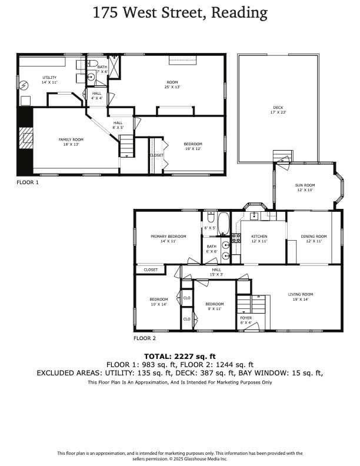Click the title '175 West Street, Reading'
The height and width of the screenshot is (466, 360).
pos(180,12)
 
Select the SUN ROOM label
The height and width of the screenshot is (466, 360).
pos(305,185)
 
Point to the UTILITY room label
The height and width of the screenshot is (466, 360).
pos(49,78)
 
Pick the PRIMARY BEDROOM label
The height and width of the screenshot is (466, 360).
pos(168,237)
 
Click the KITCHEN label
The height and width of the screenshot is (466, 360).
pos(259,237)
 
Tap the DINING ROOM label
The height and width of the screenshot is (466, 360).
pos(314,237)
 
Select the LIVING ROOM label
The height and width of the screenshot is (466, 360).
pos(300,294)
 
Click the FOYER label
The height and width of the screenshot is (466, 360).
pos(246,318)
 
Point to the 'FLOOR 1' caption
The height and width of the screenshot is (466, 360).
pos(27,183)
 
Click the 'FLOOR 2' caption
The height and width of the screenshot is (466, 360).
pos(144,338)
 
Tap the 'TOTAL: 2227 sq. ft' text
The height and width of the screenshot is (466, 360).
pos(180,356)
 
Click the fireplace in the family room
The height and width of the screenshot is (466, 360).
pos(26,141)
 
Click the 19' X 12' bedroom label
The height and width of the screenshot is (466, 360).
pos(193,144)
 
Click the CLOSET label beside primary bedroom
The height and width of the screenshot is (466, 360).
pos(151,269)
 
